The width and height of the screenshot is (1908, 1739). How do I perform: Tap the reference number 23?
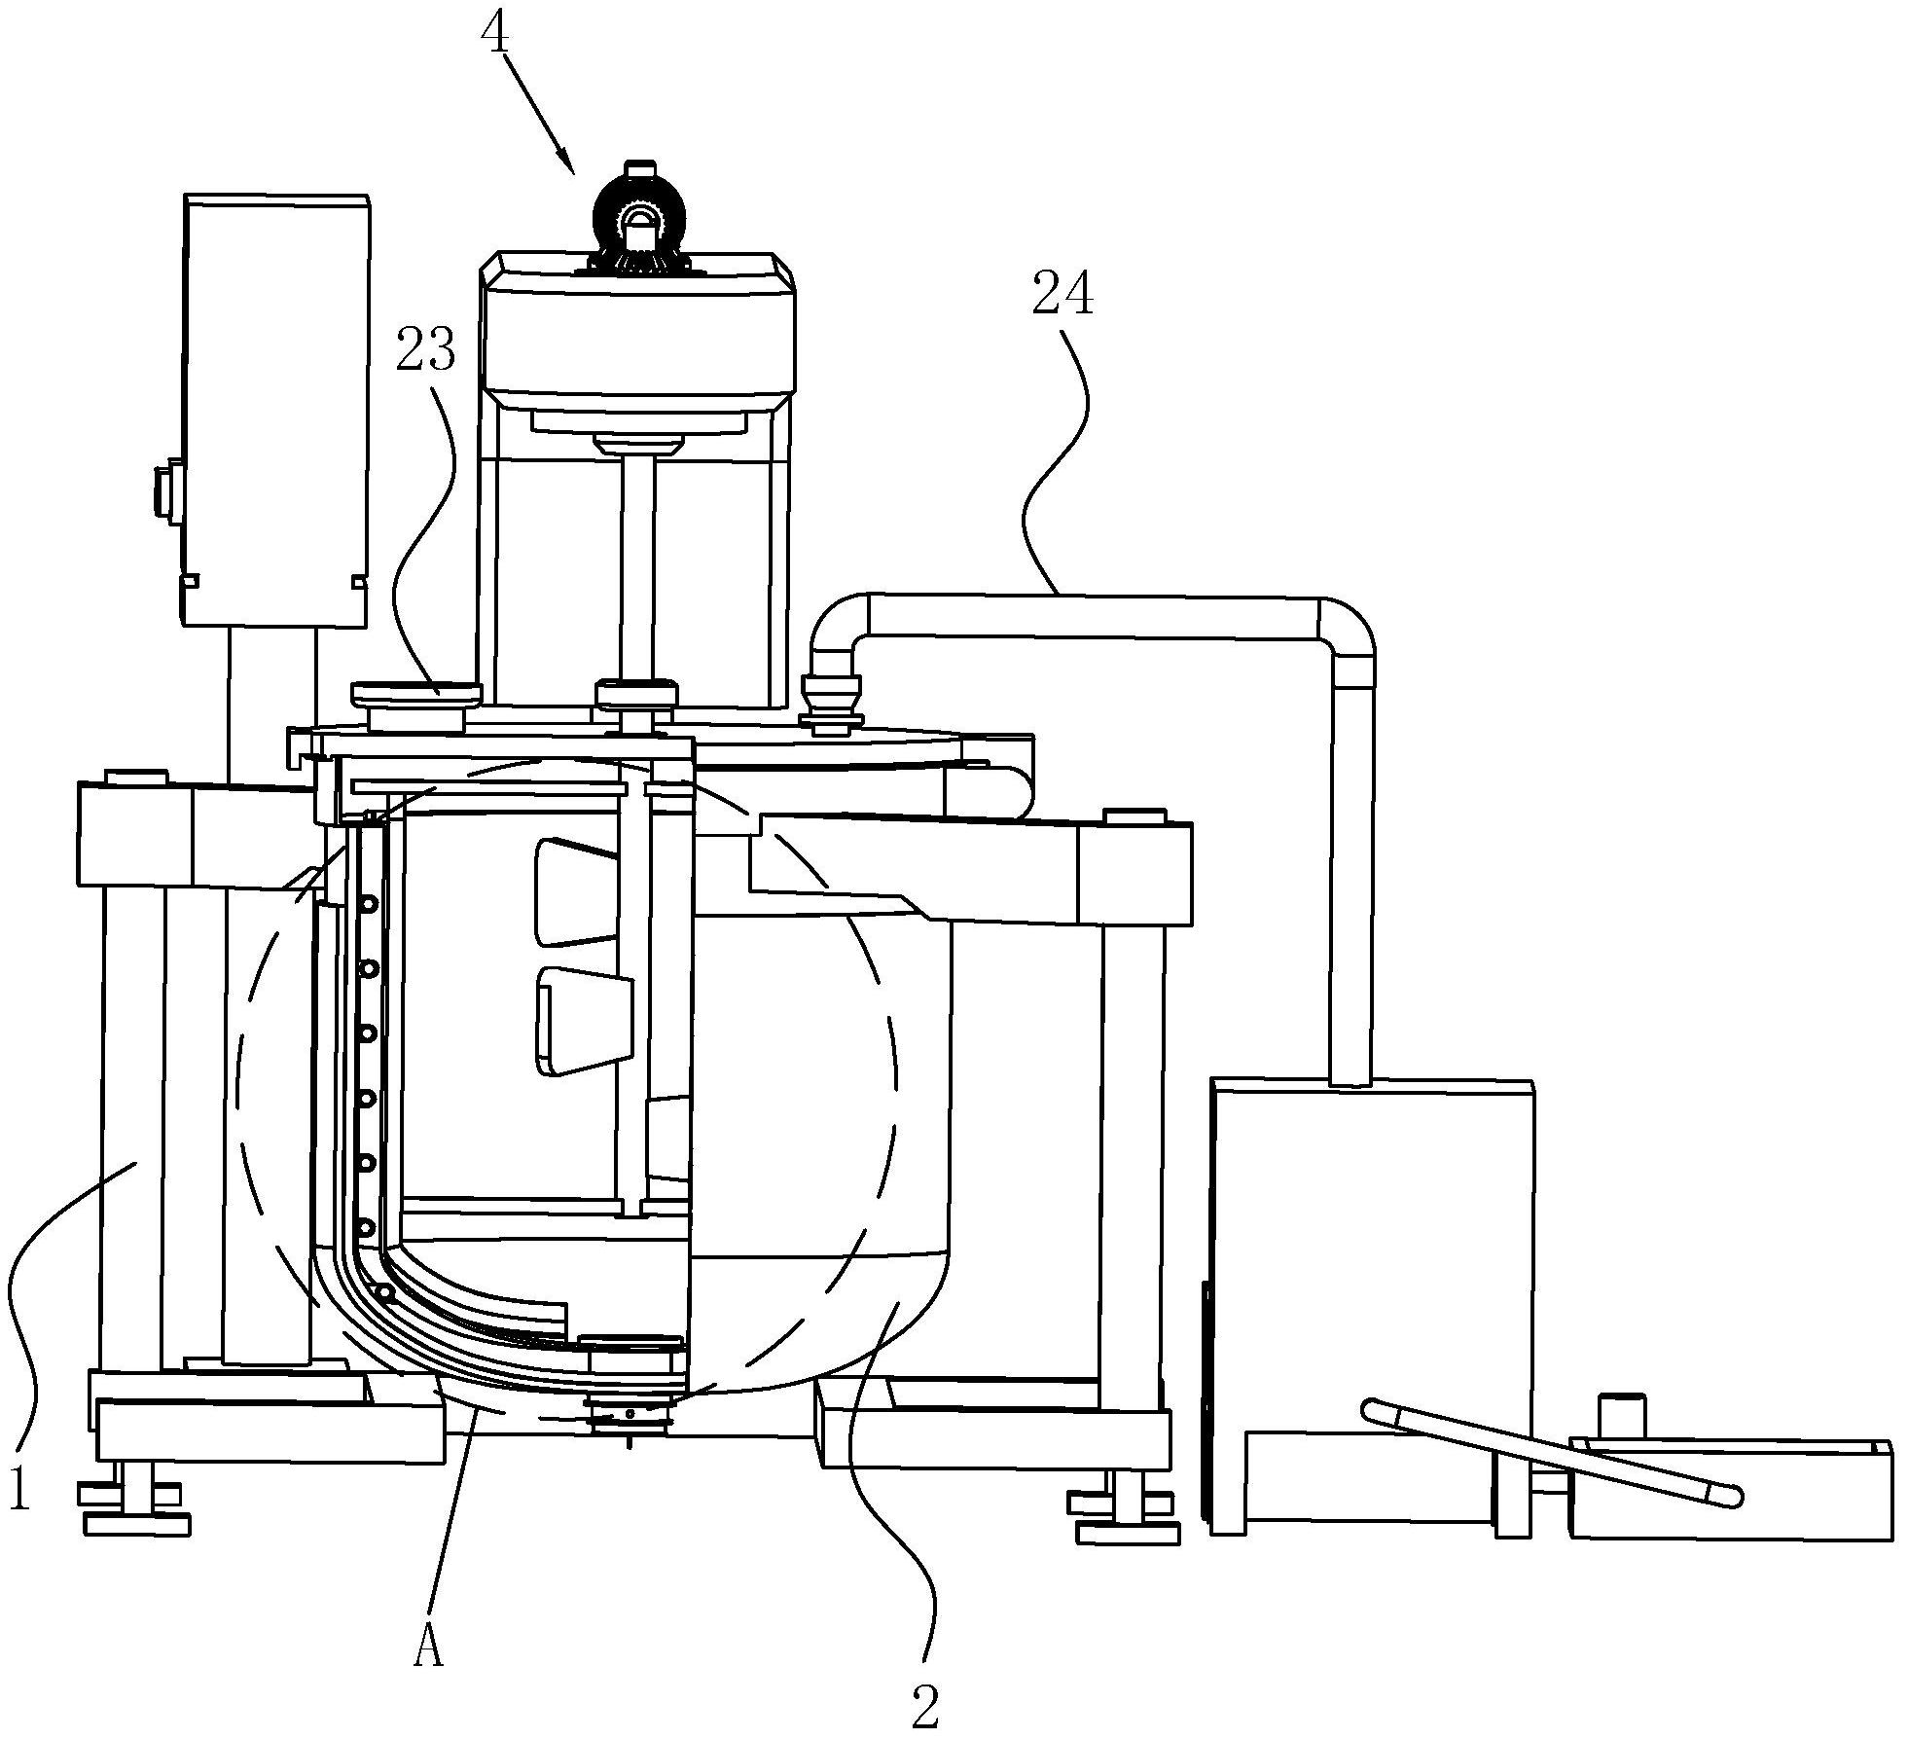tap(426, 349)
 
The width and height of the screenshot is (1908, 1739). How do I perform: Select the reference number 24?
tap(1062, 296)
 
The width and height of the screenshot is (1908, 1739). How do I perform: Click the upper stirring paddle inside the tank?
tap(579, 891)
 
